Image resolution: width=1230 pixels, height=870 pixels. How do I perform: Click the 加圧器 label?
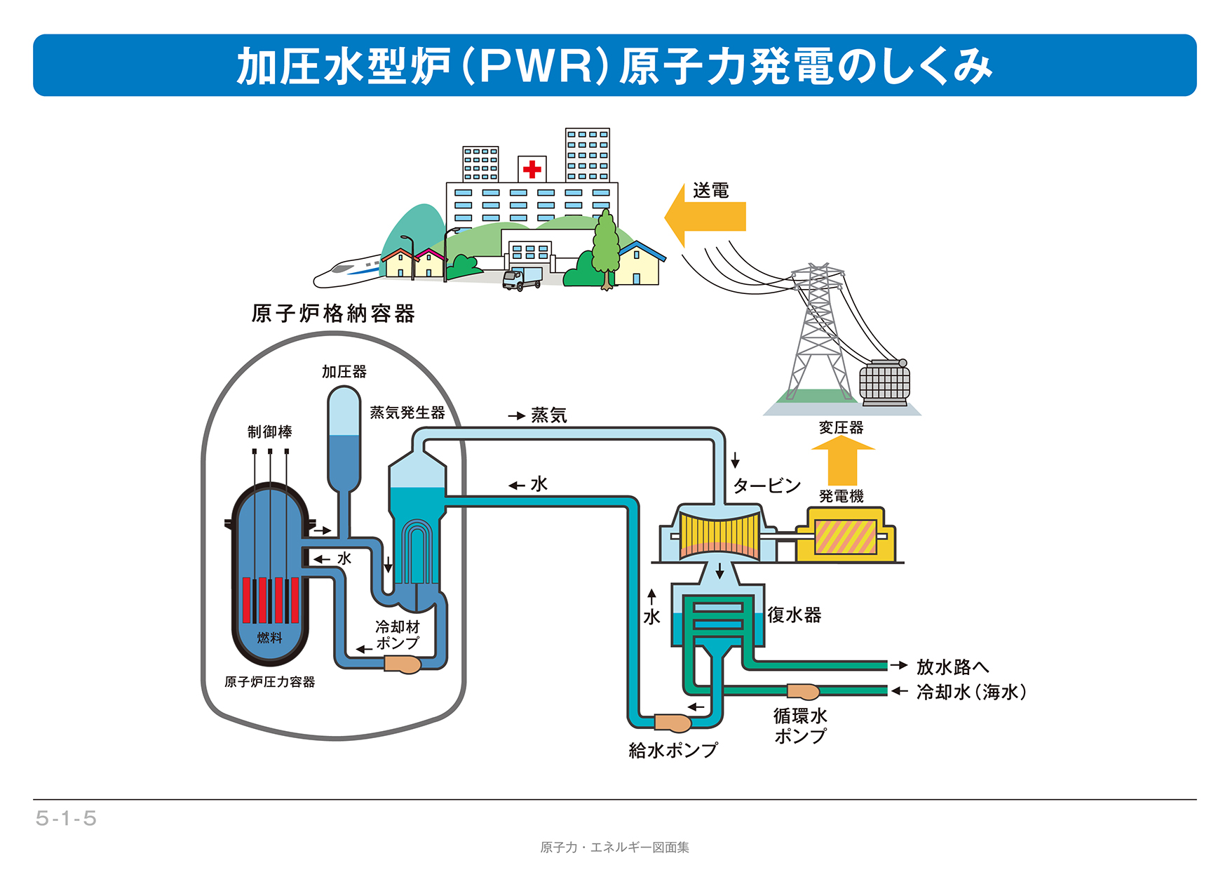coord(344,372)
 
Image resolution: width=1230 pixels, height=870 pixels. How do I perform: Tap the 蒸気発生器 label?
coord(407,413)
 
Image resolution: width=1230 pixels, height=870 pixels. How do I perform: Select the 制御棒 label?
coord(270,432)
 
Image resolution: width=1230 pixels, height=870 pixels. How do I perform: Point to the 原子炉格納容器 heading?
coord(333,314)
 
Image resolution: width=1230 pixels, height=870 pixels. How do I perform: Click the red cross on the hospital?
coord(532,169)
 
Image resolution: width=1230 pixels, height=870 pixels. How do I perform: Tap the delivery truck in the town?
coord(522,279)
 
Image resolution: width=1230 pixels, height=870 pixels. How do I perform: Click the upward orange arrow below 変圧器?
coord(842,460)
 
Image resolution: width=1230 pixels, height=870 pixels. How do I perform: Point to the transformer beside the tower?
coord(884,382)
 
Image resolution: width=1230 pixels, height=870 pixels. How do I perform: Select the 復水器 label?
coord(794,615)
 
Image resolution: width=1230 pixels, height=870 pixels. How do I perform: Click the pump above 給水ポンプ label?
coord(673,723)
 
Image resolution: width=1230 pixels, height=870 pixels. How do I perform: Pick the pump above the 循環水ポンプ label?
coord(803,692)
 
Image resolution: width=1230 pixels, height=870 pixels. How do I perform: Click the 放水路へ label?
coord(952,667)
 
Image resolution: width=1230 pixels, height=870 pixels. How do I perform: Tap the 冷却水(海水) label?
coord(971,692)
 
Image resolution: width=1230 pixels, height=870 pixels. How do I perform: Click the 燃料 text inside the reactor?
coord(270,638)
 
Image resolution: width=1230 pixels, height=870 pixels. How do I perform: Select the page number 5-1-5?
coord(66,819)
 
